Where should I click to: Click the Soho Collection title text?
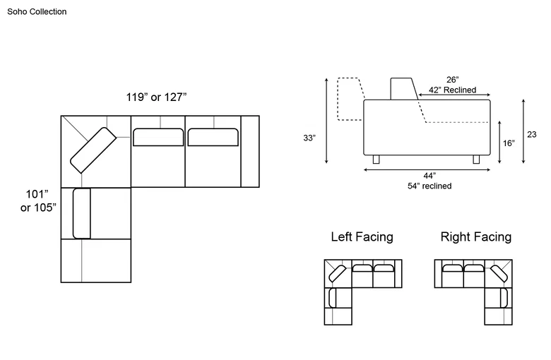[37, 11]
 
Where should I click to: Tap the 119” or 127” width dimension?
[156, 97]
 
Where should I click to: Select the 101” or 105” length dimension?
[38, 200]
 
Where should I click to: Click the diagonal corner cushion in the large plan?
[93, 150]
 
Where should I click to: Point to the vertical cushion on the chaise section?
[81, 214]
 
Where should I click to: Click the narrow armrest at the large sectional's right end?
[250, 151]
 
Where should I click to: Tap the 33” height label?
[309, 138]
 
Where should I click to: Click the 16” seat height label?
[509, 143]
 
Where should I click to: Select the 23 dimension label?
[532, 135]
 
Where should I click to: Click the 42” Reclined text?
[452, 90]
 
